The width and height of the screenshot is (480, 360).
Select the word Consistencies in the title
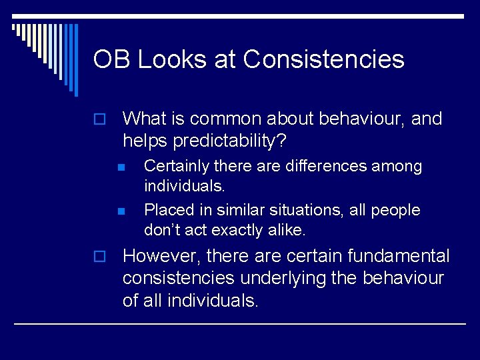(324, 59)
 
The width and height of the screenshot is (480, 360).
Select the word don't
(162, 231)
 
